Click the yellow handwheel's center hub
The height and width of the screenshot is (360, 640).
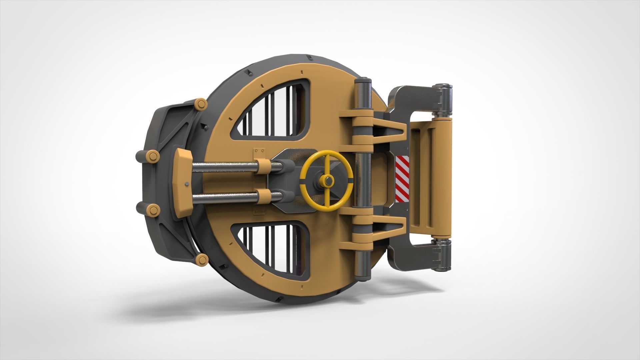pyautogui.click(x=327, y=181)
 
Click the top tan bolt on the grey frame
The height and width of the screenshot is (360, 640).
pyautogui.click(x=201, y=104)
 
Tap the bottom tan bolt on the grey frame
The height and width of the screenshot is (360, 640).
pyautogui.click(x=201, y=259)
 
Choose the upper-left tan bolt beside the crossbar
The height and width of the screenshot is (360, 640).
pyautogui.click(x=153, y=156)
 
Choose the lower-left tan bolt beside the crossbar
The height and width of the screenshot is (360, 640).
pyautogui.click(x=153, y=210)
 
